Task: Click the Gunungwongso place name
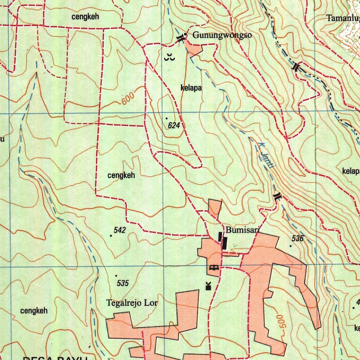(x=222, y=35)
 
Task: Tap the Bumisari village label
(x=242, y=230)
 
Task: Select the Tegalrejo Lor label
(x=132, y=303)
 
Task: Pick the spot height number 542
(x=120, y=230)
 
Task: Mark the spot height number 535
(x=123, y=283)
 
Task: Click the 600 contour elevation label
(x=128, y=98)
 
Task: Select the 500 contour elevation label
(x=283, y=321)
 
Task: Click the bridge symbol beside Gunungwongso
(x=181, y=38)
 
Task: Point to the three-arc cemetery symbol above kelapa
(x=169, y=57)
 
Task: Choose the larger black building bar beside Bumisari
(x=225, y=243)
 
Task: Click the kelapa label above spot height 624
(x=191, y=88)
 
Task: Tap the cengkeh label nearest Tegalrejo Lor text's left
(x=34, y=311)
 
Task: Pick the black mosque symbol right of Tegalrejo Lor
(x=208, y=286)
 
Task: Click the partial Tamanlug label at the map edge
(x=343, y=18)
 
